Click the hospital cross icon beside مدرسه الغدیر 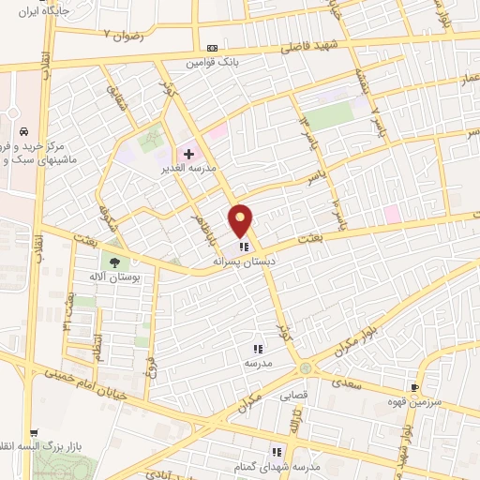click(187, 153)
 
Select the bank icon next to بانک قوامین click(212, 48)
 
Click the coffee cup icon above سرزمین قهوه click(414, 387)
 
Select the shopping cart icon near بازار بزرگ click(35, 432)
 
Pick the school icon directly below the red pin click(244, 247)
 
